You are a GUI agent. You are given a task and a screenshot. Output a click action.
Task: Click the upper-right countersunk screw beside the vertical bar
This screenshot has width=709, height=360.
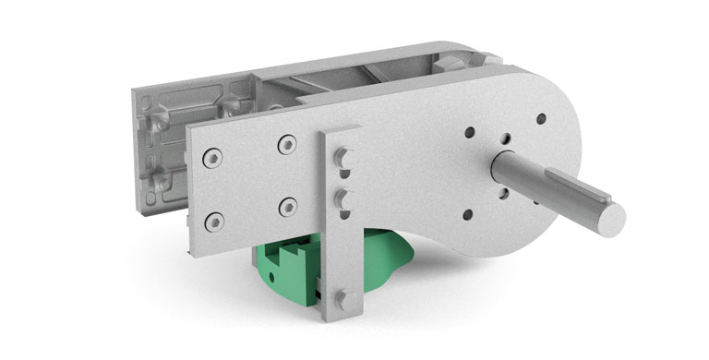[x=287, y=144]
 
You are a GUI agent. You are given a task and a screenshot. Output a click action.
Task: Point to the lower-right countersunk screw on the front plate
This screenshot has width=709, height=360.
[x=288, y=206]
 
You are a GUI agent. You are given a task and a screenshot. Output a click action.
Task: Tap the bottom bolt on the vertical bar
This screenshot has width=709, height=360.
[x=343, y=297]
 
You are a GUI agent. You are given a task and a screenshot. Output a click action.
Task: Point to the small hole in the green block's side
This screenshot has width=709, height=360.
[x=314, y=296]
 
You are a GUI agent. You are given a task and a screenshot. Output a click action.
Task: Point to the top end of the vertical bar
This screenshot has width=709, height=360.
[x=339, y=134]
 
